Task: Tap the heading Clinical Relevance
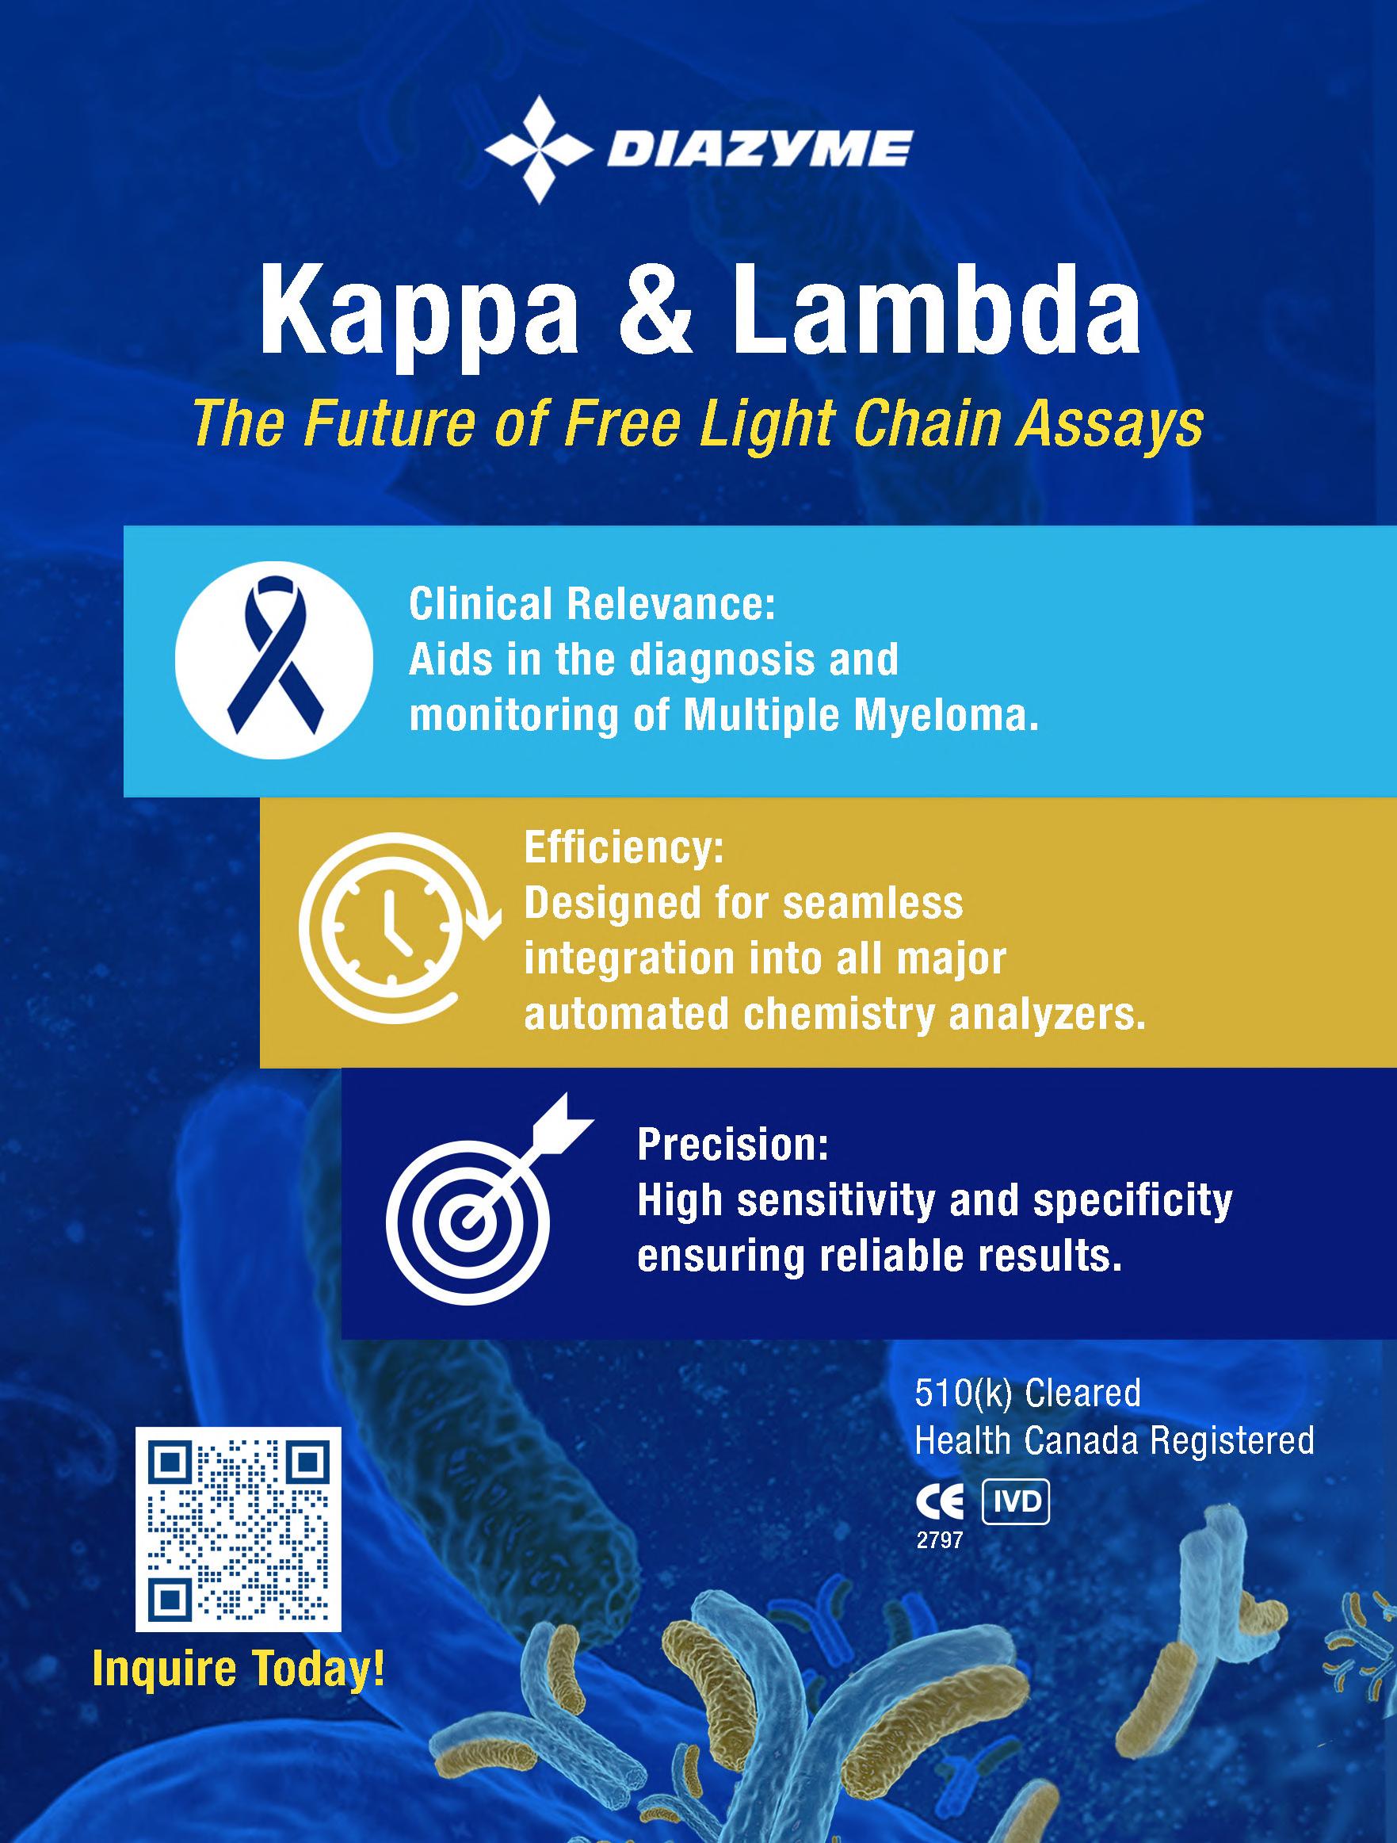[x=591, y=604]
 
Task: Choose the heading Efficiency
[x=624, y=848]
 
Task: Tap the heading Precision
[x=733, y=1145]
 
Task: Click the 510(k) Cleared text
[x=1027, y=1393]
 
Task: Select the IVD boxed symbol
[x=1016, y=1502]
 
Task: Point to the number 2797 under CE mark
[x=939, y=1540]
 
